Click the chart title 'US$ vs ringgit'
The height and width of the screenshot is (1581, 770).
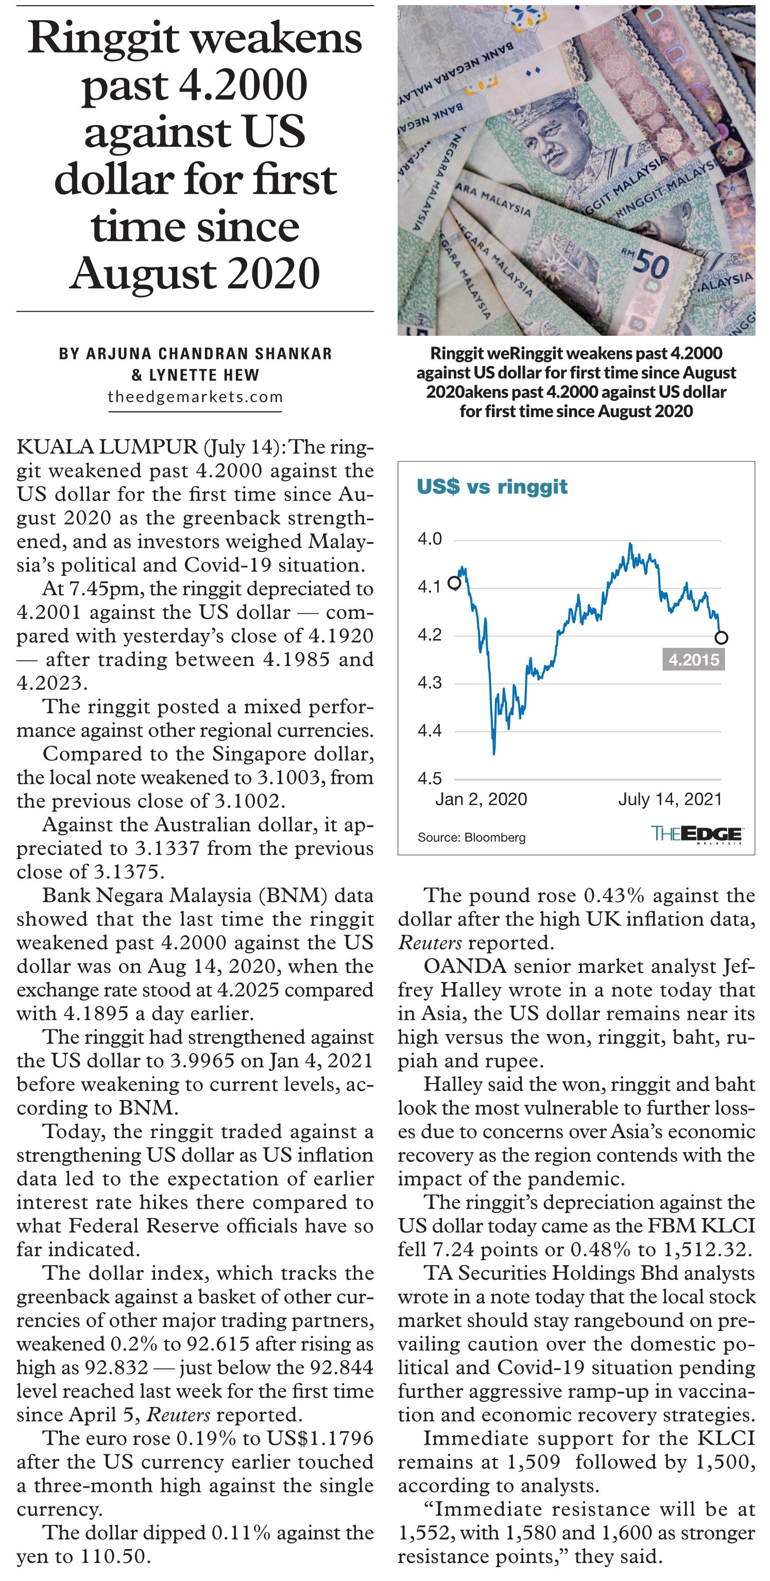pos(492,486)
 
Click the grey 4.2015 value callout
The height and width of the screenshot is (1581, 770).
pos(693,660)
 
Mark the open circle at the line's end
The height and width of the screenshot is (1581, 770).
pos(722,638)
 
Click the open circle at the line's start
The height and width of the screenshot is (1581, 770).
pos(454,582)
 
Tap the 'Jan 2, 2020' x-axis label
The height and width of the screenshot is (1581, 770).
pos(481,799)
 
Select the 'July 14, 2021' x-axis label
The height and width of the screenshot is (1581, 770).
pos(670,799)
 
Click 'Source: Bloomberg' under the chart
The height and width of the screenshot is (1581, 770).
pos(472,837)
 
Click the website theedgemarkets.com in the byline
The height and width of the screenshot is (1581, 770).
pos(195,397)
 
